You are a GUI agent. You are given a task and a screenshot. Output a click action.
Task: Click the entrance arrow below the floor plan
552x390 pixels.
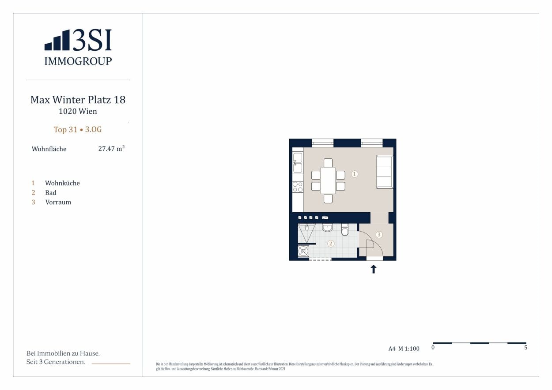[374, 269]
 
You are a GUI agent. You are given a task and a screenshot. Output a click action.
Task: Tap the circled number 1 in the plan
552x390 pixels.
[354, 174]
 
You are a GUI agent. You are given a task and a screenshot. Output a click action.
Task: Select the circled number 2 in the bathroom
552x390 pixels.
[331, 244]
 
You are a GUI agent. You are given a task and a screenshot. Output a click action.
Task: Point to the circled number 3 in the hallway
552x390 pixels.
[379, 234]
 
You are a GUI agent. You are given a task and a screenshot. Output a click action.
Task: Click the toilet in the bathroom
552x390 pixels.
[345, 229]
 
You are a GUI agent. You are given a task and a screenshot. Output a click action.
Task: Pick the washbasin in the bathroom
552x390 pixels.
[328, 228]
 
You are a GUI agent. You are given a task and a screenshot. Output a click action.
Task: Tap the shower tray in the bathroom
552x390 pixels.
[307, 233]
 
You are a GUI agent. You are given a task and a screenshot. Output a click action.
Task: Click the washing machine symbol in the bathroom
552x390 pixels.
[303, 251]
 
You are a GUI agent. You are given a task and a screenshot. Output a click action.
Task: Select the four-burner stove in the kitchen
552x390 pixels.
[298, 187]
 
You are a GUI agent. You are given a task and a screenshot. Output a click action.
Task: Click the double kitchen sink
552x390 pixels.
[298, 163]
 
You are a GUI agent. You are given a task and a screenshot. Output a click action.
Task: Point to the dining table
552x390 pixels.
[328, 181]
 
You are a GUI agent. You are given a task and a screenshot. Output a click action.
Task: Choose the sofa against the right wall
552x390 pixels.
[385, 172]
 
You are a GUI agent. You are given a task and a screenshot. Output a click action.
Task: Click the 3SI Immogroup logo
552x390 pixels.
[78, 47]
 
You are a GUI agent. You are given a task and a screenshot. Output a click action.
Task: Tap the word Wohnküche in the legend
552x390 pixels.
[62, 183]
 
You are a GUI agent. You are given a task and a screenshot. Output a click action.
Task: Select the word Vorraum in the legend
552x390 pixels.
[58, 202]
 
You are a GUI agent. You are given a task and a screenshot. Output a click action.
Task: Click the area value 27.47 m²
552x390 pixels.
[111, 149]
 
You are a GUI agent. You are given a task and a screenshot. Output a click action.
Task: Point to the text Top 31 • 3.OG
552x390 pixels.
[78, 130]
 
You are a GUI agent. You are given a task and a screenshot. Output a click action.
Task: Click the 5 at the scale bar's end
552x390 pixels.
[526, 348]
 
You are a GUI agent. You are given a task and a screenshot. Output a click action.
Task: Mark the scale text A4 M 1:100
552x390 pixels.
[404, 349]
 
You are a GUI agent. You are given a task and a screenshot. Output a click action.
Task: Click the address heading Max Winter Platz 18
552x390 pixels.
[78, 100]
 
